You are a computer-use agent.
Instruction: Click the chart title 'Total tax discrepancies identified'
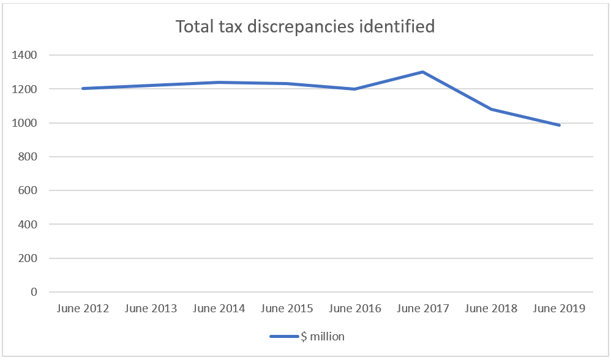[x=305, y=26]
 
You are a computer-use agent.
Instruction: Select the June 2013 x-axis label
[x=151, y=308]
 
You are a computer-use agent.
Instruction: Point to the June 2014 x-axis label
[x=219, y=308]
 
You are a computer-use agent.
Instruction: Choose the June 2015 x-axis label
[x=287, y=308]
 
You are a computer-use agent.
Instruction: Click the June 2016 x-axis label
[x=354, y=308]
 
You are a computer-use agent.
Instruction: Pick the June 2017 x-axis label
[x=422, y=308]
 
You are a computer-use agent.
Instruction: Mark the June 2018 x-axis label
[x=491, y=308]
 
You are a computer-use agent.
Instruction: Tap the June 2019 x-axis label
[x=559, y=308]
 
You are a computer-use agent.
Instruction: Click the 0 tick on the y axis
[x=34, y=292]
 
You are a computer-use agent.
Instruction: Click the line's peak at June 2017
[x=422, y=72]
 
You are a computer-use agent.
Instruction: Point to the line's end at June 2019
[x=559, y=125]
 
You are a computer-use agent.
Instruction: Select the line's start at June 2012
[x=83, y=88]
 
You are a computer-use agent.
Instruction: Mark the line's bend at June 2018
[x=491, y=109]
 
